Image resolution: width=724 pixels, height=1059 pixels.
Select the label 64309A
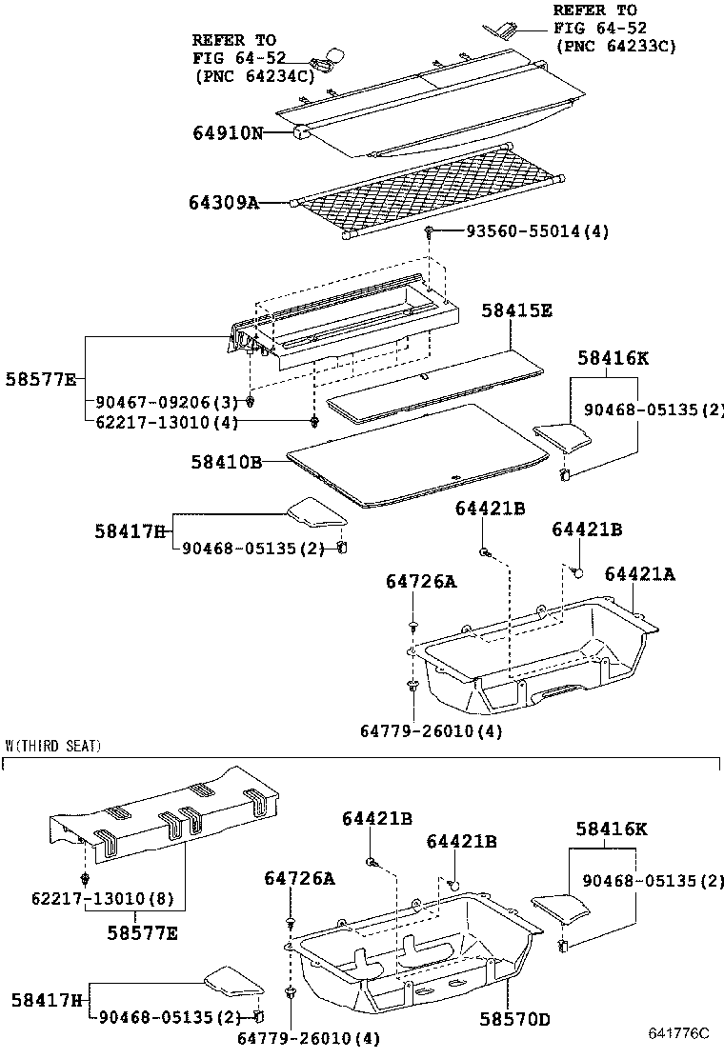pyautogui.click(x=223, y=203)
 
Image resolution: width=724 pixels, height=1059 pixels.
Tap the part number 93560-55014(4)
pyautogui.click(x=536, y=231)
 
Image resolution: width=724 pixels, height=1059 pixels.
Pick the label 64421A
pyautogui.click(x=640, y=573)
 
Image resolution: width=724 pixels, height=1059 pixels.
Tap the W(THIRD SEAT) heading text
pyautogui.click(x=52, y=746)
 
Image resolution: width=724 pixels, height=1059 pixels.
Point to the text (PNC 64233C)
pyautogui.click(x=615, y=45)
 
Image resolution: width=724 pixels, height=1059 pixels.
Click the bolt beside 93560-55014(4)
pyautogui.click(x=432, y=231)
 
